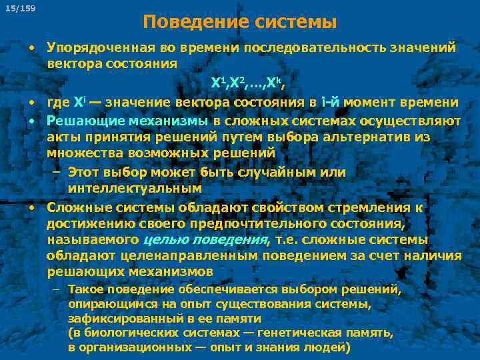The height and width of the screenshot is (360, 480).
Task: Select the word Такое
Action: pyautogui.click(x=85, y=290)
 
